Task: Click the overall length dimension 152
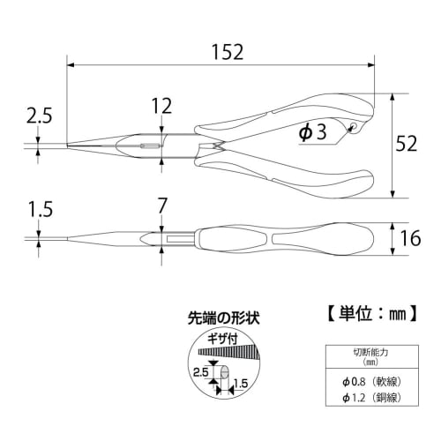[x=228, y=52]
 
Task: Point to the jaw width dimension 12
[x=161, y=107]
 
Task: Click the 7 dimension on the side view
[x=161, y=206]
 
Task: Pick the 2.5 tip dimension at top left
[x=40, y=115]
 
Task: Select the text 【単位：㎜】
[x=365, y=312]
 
